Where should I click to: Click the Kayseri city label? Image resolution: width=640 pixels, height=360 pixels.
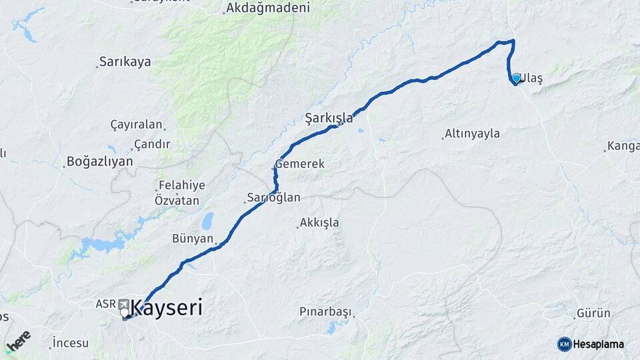(167, 307)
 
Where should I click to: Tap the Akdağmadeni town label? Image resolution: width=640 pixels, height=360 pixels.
(268, 8)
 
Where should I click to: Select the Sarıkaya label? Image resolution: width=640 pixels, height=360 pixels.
(125, 61)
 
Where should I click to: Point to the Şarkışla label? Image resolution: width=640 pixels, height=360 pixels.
(329, 118)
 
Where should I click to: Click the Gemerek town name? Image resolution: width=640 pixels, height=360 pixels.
(300, 163)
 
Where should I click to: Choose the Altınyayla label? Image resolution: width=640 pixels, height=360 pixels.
(472, 133)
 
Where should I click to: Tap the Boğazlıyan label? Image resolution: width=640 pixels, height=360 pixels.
(99, 161)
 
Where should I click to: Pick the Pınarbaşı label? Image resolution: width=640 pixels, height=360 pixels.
(325, 311)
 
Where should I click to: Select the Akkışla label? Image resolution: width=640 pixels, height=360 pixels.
(319, 222)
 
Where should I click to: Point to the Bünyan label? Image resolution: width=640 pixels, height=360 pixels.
(193, 238)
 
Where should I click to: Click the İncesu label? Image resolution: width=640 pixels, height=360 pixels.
(71, 343)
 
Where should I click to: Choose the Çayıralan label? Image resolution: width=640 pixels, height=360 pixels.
(136, 124)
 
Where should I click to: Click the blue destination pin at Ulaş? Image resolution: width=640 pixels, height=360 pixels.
(516, 78)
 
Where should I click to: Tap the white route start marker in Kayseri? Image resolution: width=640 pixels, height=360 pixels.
(125, 312)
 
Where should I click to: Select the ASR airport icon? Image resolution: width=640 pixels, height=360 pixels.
(124, 304)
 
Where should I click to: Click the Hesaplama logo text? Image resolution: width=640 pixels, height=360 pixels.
(598, 344)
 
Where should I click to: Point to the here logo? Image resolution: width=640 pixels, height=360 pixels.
(18, 341)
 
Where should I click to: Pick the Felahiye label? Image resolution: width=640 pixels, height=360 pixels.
(181, 185)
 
